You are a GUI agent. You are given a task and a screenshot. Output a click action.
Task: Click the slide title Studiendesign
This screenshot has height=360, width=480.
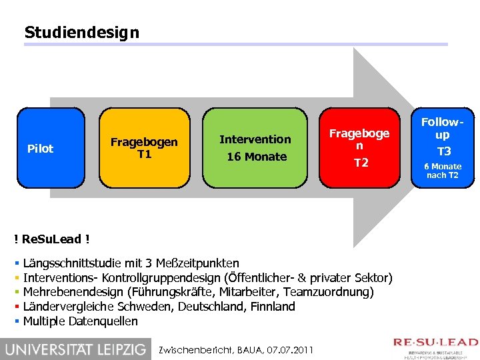[x=81, y=32]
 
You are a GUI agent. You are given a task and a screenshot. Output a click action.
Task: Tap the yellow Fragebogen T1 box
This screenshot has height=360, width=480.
[x=143, y=148]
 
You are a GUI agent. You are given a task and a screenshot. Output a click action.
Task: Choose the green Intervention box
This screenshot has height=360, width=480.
[x=255, y=148]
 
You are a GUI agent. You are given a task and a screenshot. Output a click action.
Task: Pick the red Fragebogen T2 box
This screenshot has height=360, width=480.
[x=361, y=148]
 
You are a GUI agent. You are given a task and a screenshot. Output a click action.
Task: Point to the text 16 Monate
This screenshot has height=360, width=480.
[x=257, y=157]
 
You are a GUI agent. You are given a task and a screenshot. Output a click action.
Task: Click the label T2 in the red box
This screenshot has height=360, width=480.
[x=361, y=163]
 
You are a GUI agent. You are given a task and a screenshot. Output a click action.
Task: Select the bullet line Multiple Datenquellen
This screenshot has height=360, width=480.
[x=81, y=321]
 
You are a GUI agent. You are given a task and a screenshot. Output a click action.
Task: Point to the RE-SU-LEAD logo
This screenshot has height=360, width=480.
[x=435, y=347]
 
